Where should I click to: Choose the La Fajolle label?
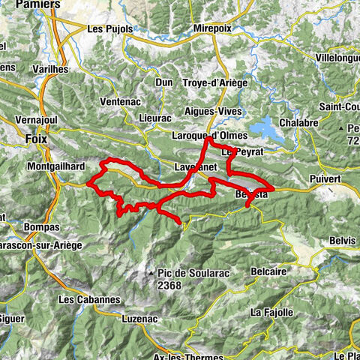pyautogui.click(x=271, y=311)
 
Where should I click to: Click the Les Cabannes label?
pyautogui.click(x=88, y=299)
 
